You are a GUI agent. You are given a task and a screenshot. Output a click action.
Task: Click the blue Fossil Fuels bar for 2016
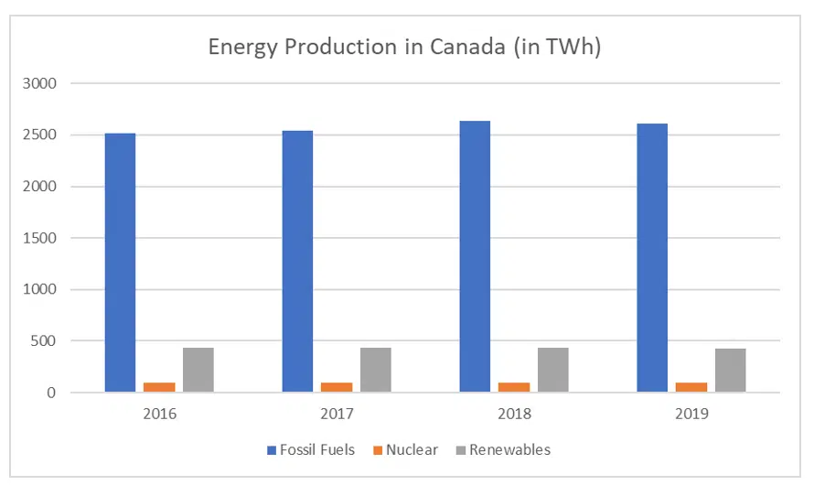click(x=121, y=264)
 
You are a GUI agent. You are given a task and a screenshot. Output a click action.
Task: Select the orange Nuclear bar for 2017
click(x=337, y=388)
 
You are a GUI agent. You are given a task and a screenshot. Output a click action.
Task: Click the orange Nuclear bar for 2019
click(x=691, y=388)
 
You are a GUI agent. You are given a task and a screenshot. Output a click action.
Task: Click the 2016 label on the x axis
click(x=159, y=414)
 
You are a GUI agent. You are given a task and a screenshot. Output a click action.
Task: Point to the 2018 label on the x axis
click(x=513, y=414)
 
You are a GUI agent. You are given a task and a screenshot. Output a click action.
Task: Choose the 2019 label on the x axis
click(x=691, y=414)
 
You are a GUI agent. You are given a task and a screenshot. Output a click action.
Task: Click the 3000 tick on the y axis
click(x=40, y=84)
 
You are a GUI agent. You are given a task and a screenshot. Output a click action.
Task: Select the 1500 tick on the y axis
click(x=40, y=239)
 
